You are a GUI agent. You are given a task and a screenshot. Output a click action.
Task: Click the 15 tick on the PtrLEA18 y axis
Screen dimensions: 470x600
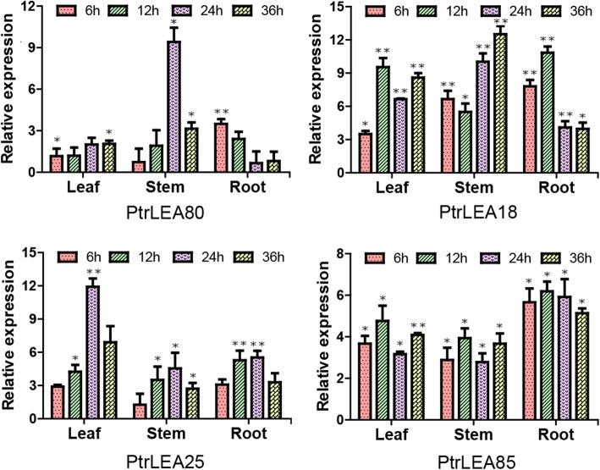(x=340, y=7)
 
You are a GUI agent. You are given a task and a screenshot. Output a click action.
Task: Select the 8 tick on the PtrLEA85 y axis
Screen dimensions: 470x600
(x=343, y=253)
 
